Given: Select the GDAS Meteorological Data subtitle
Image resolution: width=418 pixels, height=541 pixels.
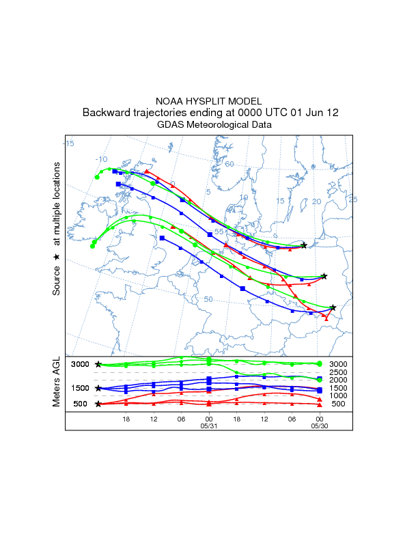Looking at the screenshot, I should click(x=209, y=125).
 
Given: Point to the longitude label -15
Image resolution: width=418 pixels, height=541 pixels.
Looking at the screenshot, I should click(x=69, y=143).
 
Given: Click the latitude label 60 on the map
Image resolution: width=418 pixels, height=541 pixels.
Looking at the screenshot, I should click(x=229, y=164).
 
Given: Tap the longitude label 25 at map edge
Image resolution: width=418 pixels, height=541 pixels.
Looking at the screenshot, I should click(x=353, y=199).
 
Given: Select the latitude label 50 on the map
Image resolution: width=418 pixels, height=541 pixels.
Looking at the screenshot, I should click(x=209, y=299).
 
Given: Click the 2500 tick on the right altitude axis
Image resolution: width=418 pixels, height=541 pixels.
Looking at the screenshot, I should click(x=338, y=372).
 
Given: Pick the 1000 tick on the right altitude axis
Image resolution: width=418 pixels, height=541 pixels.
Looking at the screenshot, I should click(x=338, y=396).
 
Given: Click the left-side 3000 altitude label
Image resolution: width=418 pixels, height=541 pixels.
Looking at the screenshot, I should click(x=81, y=365).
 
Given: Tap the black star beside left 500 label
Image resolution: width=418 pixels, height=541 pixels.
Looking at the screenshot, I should click(x=98, y=404).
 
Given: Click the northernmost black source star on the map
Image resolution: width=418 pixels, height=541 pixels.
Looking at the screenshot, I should click(x=304, y=245).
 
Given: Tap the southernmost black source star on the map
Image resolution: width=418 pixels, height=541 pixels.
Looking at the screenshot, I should click(x=333, y=308).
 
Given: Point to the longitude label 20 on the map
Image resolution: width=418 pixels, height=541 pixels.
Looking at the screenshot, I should click(x=316, y=202).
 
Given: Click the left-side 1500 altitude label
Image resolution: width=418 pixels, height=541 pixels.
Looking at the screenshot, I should click(x=81, y=388).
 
